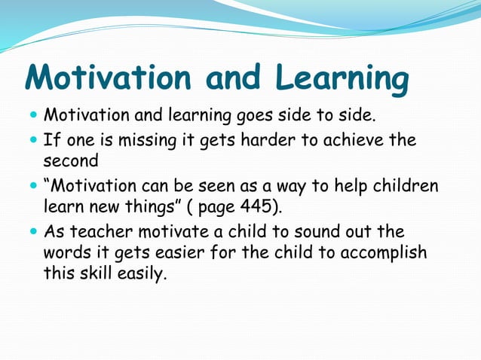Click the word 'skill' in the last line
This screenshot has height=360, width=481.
coord(98,273)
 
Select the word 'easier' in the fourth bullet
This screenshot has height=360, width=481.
coord(179,252)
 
